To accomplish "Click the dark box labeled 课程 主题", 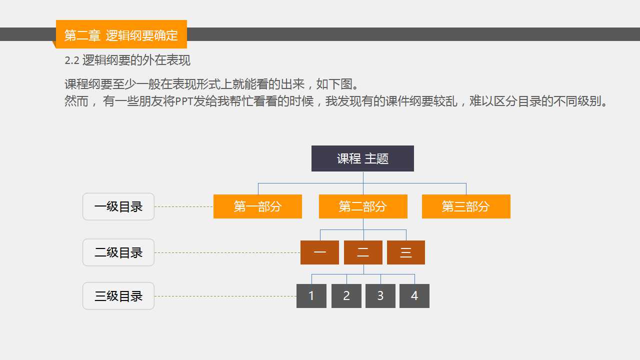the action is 362,158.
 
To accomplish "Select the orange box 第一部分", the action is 257,206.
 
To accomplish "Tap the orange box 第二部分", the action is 363,206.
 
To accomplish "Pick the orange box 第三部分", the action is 466,206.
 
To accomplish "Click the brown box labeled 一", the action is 319,252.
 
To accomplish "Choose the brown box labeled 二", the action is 363,252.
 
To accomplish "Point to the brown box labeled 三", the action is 406,252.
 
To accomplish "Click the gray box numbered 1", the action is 311,296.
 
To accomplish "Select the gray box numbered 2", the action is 346,296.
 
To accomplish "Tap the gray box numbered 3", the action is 380,296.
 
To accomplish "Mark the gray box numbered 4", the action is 414,296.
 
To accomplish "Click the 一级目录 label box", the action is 118,206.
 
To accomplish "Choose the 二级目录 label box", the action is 118,252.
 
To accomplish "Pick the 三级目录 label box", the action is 118,296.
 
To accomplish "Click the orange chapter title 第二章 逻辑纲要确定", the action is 121,35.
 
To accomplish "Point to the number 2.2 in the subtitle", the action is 71,60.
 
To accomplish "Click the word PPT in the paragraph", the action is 184,101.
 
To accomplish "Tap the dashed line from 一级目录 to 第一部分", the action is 184,206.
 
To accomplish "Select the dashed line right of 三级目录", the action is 225,296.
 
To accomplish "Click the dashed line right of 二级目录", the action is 227,253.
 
